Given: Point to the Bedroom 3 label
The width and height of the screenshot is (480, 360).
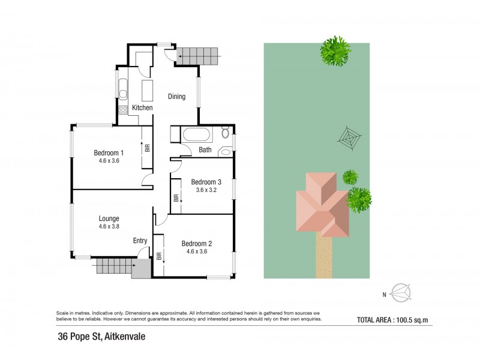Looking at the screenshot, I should click(x=206, y=182).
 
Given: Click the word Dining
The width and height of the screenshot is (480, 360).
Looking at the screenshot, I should click(x=176, y=97).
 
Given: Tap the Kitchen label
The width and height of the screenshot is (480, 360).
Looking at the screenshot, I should click(x=142, y=107).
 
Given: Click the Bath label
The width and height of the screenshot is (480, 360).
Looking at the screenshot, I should click(x=205, y=150).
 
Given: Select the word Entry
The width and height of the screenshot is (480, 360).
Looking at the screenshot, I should click(x=140, y=241).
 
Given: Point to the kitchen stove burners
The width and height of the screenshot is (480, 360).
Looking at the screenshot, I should click(x=123, y=110).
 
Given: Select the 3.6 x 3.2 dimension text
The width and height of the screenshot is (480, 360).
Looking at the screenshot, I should click(x=206, y=190).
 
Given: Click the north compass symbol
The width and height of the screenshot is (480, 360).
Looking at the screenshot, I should click(x=400, y=293).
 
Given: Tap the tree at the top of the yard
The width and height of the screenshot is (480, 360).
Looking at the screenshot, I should click(x=336, y=51).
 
